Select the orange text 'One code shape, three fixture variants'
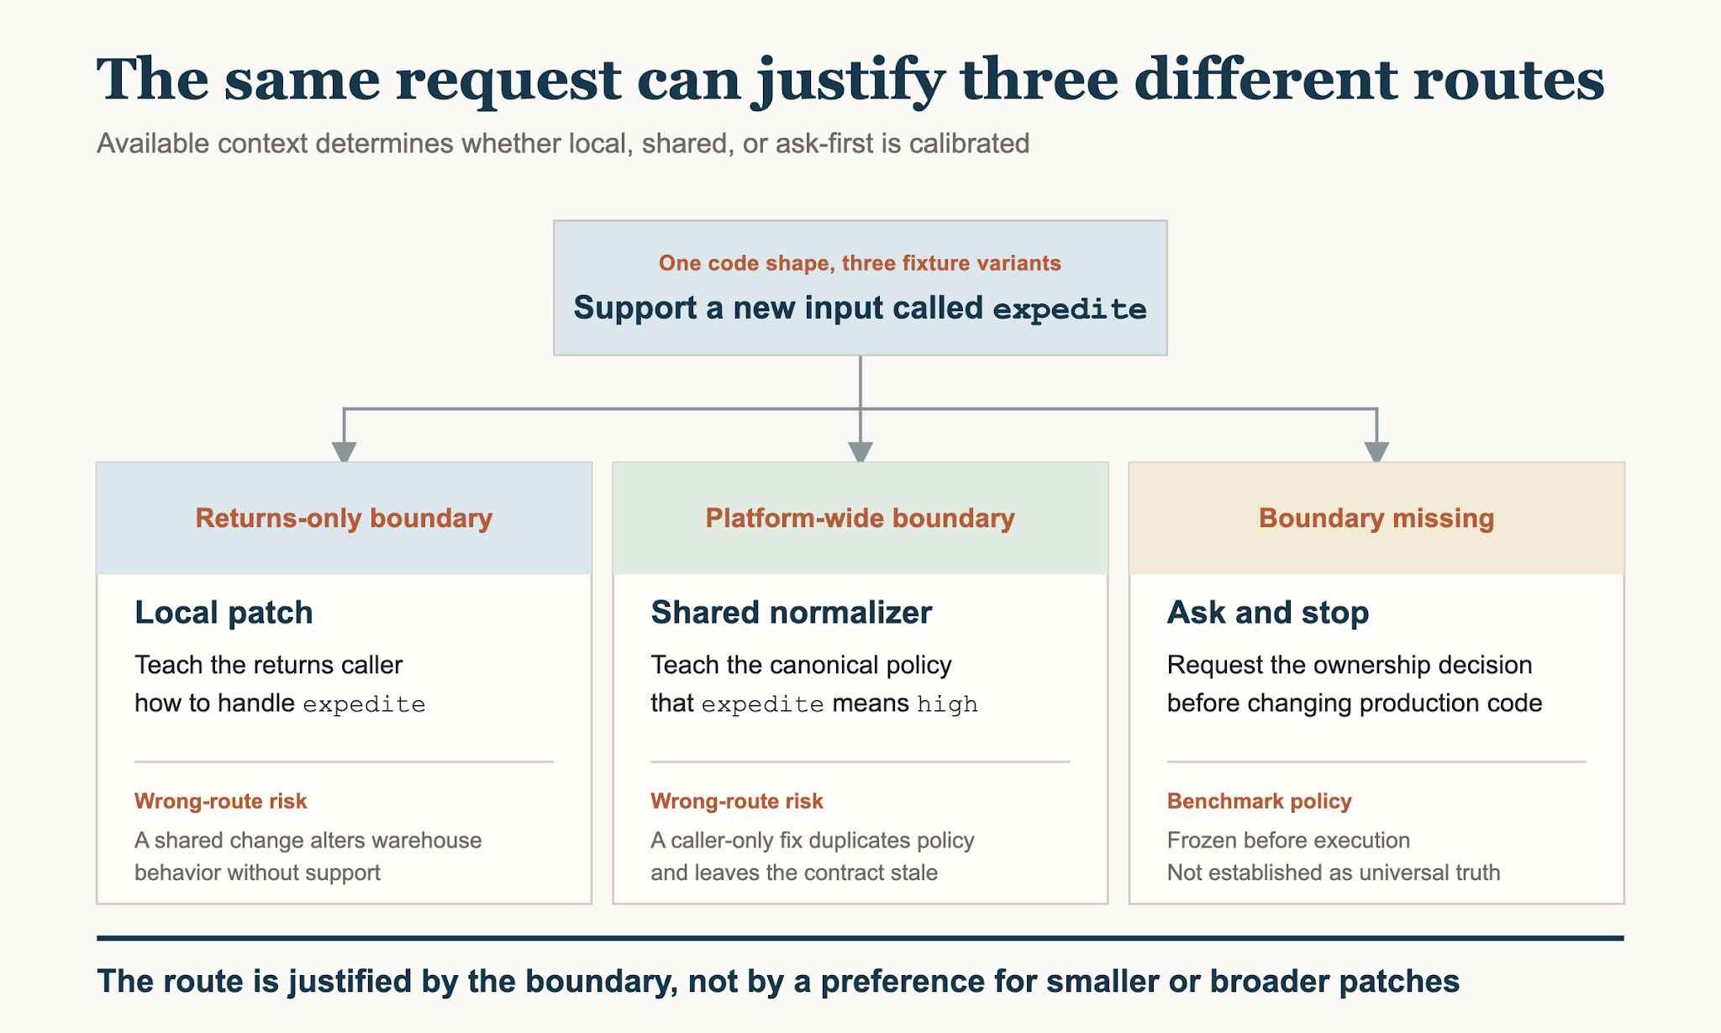click(x=860, y=263)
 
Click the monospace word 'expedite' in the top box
click(x=1070, y=309)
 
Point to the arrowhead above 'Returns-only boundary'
click(x=344, y=451)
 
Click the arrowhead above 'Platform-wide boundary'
click(x=860, y=451)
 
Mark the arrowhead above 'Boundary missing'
click(x=1376, y=451)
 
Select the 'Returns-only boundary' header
click(x=344, y=518)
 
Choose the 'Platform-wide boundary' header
click(x=860, y=518)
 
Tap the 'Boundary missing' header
click(x=1376, y=518)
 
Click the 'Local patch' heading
click(x=224, y=613)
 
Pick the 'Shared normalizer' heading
click(x=791, y=613)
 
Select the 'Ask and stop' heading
click(x=1268, y=613)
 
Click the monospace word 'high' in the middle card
click(x=947, y=704)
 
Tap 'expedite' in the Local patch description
click(x=364, y=704)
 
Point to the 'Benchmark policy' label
click(x=1260, y=801)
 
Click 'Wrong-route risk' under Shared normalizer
click(x=737, y=801)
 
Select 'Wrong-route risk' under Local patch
click(x=221, y=801)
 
